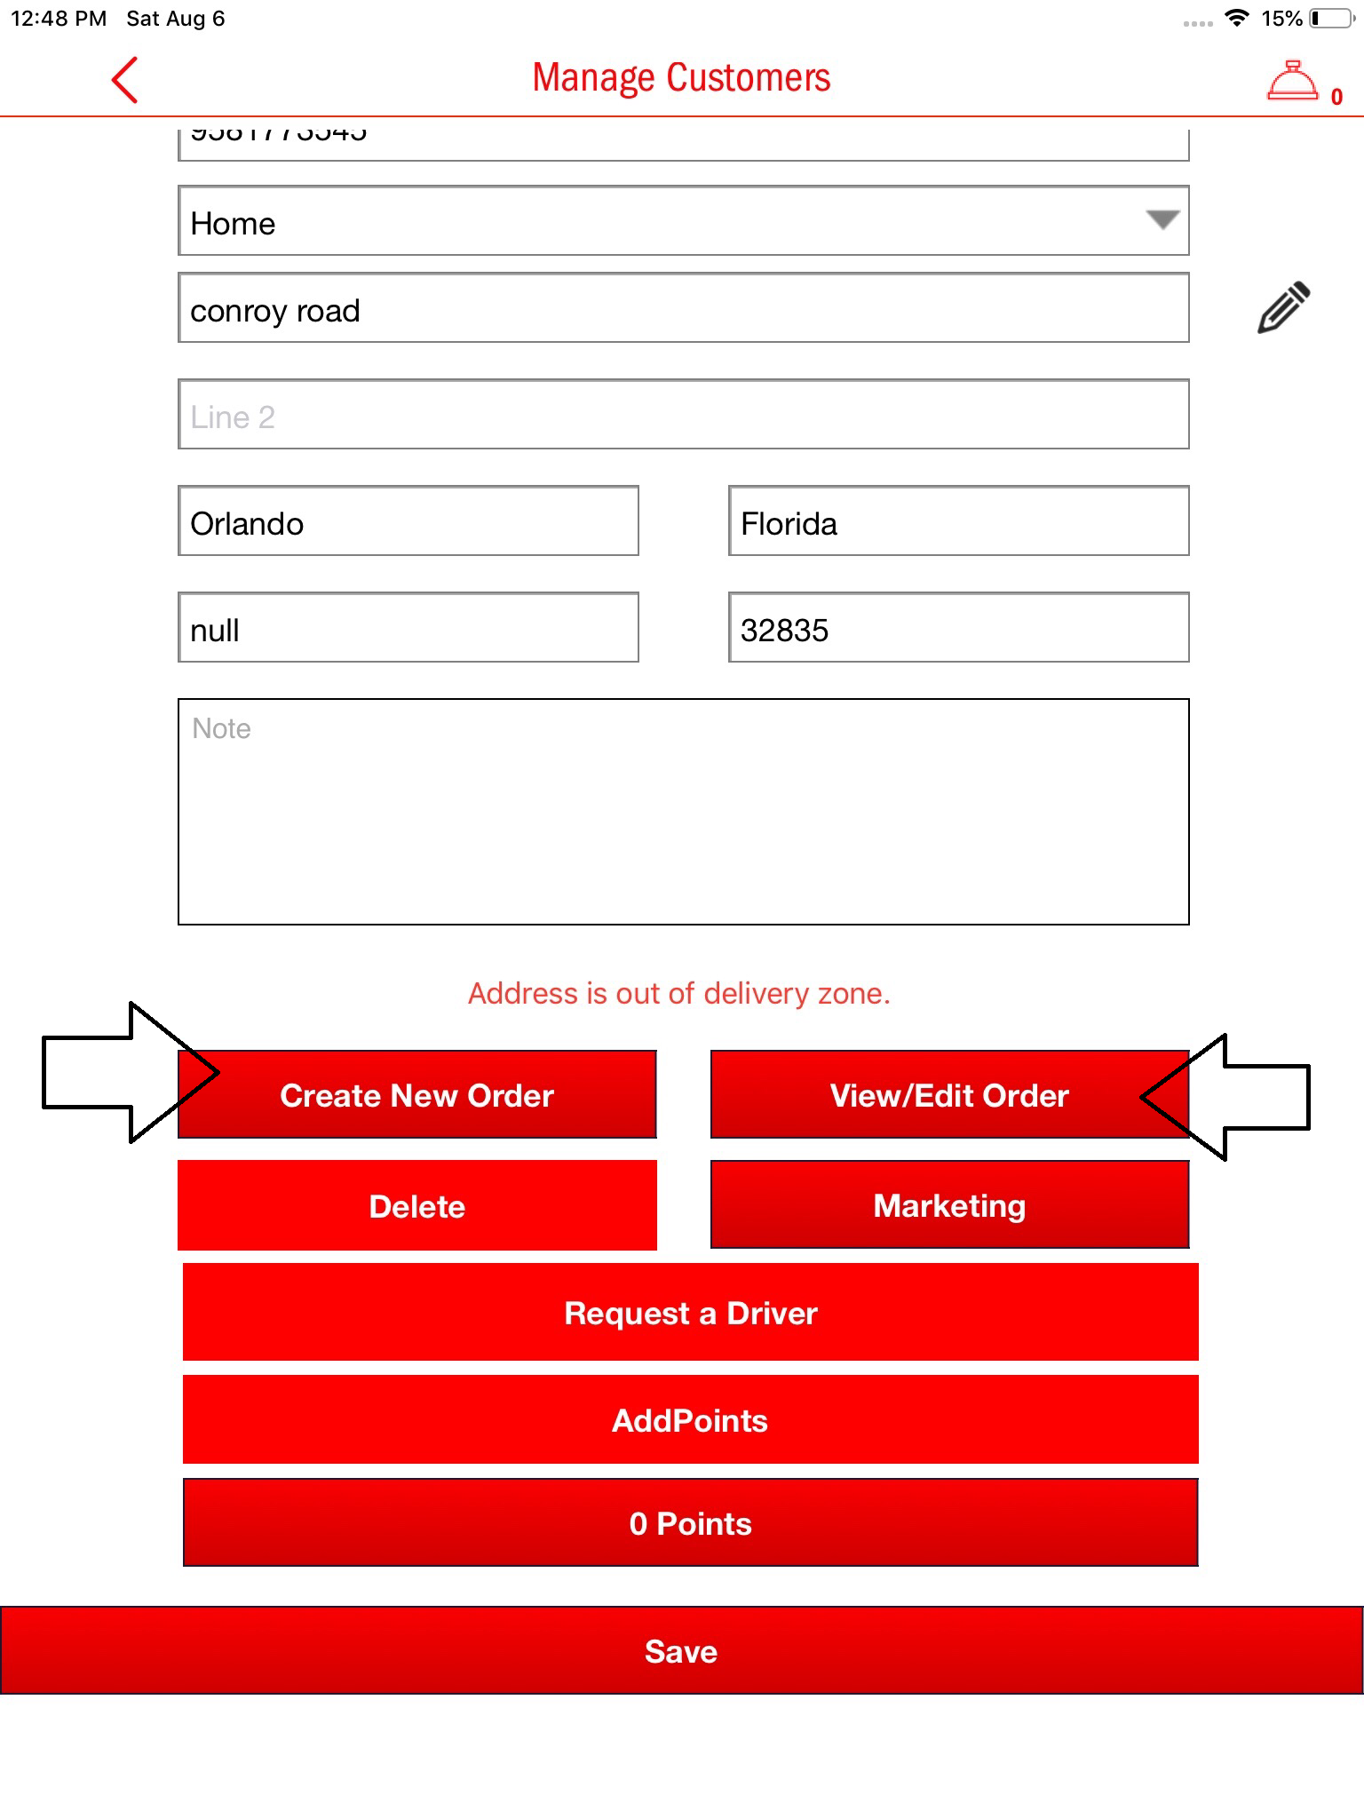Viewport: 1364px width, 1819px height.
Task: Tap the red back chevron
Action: pyautogui.click(x=125, y=80)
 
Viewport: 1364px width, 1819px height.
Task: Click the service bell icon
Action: pyautogui.click(x=1292, y=82)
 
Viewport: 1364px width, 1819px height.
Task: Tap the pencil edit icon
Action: pyautogui.click(x=1283, y=307)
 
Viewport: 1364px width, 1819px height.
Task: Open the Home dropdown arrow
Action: pyautogui.click(x=1162, y=220)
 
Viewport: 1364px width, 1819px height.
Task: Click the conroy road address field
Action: pyautogui.click(x=683, y=308)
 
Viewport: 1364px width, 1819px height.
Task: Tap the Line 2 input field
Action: pyautogui.click(x=683, y=415)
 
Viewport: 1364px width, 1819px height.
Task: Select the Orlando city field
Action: pyautogui.click(x=408, y=521)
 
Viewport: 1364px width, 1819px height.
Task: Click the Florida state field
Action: pyautogui.click(x=958, y=521)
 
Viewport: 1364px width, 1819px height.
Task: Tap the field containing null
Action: pyautogui.click(x=408, y=628)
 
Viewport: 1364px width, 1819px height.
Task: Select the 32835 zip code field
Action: pyautogui.click(x=958, y=628)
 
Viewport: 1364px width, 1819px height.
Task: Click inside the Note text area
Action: pyautogui.click(x=683, y=812)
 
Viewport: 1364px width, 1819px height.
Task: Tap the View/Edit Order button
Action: pyautogui.click(x=948, y=1094)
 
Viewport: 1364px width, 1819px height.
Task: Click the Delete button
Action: pyautogui.click(x=416, y=1205)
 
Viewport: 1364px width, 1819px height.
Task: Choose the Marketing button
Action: pyautogui.click(x=949, y=1204)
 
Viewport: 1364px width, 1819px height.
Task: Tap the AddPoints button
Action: pyautogui.click(x=690, y=1419)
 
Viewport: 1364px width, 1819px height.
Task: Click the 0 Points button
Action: pyautogui.click(x=690, y=1522)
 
